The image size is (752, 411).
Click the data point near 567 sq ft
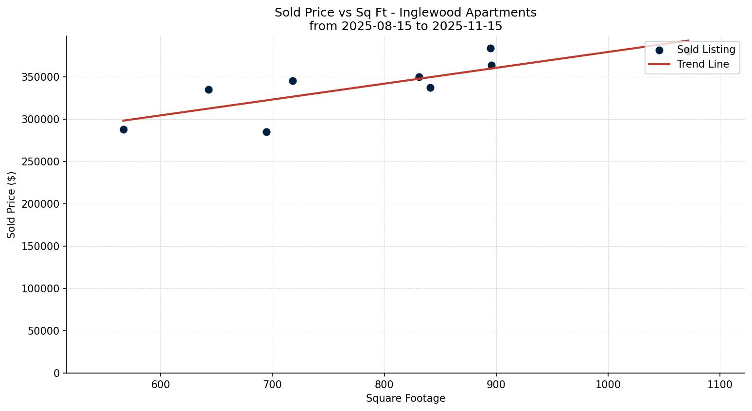(x=123, y=129)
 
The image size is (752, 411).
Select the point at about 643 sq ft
(x=209, y=89)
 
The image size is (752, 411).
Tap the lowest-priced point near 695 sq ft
(x=266, y=132)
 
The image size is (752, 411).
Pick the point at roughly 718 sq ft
(x=293, y=81)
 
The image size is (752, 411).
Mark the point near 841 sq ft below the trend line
(x=430, y=88)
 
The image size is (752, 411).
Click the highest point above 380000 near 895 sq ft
(x=490, y=48)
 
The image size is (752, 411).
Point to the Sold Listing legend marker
(x=659, y=50)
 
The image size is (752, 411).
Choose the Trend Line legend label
(x=703, y=64)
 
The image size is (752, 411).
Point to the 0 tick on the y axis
(x=57, y=374)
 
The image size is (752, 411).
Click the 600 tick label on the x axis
(x=160, y=385)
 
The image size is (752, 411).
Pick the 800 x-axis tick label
(x=385, y=385)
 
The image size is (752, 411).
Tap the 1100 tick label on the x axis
(x=720, y=385)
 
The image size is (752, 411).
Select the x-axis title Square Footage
(x=405, y=399)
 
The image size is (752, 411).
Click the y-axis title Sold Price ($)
(x=12, y=204)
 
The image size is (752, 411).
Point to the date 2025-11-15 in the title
(x=467, y=26)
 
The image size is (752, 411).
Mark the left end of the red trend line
(x=123, y=121)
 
